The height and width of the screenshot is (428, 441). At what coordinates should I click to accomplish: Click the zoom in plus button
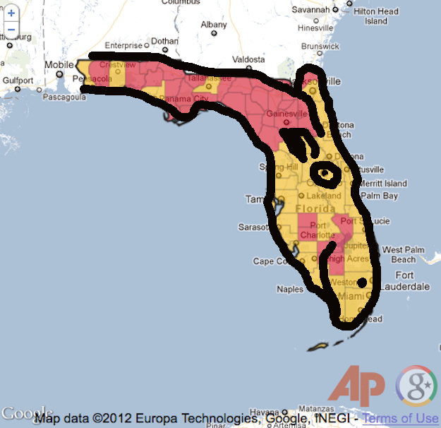pyautogui.click(x=11, y=13)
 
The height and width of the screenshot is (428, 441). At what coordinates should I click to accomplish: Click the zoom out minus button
pyautogui.click(x=11, y=29)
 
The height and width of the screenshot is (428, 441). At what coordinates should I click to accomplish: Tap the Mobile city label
pyautogui.click(x=59, y=65)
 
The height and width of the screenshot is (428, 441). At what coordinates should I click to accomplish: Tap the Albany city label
pyautogui.click(x=214, y=25)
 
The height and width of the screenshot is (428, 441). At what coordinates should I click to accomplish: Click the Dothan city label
pyautogui.click(x=164, y=41)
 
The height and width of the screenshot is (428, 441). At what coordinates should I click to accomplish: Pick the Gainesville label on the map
pyautogui.click(x=285, y=114)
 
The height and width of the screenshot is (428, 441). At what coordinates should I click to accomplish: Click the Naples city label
pyautogui.click(x=290, y=289)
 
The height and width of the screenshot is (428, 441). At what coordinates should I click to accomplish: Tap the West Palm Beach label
pyautogui.click(x=403, y=254)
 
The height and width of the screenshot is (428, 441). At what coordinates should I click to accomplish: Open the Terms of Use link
pyautogui.click(x=400, y=418)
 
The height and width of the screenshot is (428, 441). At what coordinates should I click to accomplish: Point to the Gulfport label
pyautogui.click(x=17, y=81)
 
